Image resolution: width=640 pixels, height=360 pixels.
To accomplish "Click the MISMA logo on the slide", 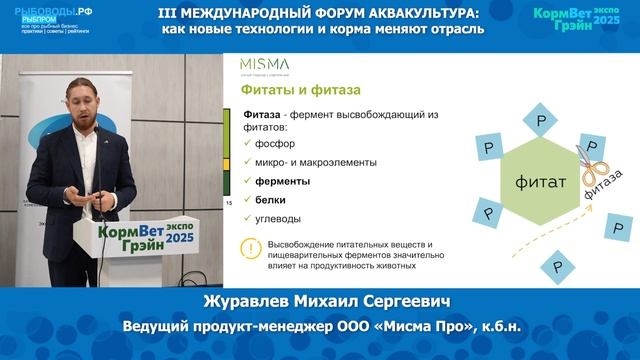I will [x=265, y=65].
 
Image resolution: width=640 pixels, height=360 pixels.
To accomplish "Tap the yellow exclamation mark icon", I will [x=249, y=250].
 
